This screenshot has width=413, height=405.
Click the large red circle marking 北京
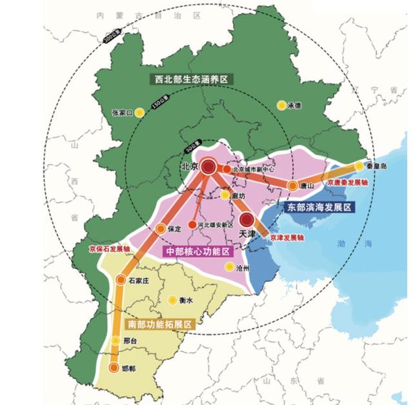(208, 168)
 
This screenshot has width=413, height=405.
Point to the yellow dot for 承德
(281, 105)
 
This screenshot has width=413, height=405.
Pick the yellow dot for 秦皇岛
(359, 166)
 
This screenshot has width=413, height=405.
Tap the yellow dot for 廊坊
(225, 195)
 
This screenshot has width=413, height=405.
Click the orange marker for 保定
(161, 228)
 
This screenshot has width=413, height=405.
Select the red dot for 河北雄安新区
(192, 225)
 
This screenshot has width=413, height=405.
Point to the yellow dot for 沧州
(228, 266)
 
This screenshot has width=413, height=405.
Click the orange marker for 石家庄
(122, 279)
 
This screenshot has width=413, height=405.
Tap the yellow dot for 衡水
(172, 300)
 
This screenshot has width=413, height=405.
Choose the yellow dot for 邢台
(116, 340)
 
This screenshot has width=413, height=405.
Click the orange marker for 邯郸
(116, 369)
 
